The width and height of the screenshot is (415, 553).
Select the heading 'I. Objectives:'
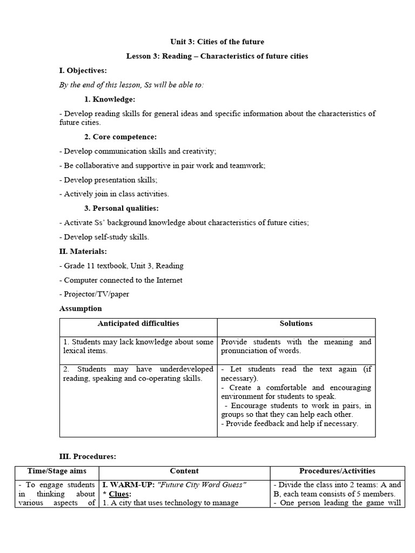(83, 71)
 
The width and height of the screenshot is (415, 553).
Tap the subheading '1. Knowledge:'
(110, 99)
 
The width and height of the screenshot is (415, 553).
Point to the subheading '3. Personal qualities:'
(122, 208)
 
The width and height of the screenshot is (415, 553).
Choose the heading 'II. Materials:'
(83, 251)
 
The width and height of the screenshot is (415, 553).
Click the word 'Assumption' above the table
(80, 308)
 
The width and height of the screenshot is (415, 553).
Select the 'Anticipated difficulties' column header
(138, 323)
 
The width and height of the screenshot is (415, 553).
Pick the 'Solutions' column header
(296, 323)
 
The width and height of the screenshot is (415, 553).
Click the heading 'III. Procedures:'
(88, 456)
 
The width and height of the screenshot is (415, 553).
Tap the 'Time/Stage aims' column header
(57, 471)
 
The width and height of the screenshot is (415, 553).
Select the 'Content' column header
(184, 471)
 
